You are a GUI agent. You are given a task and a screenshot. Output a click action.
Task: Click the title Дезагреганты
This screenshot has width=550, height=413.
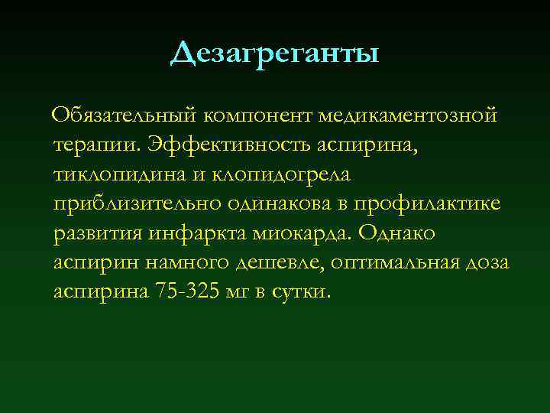[x=275, y=54]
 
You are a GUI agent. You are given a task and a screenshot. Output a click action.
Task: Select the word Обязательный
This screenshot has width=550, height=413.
[x=125, y=115]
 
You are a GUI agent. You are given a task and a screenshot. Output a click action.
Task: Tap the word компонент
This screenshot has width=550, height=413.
[x=260, y=115]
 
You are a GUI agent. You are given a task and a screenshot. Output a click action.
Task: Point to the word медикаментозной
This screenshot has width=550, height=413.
[x=409, y=115]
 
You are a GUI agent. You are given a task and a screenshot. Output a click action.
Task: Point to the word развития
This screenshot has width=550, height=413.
[x=102, y=233]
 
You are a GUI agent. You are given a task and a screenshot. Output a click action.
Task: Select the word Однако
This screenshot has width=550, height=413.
[x=397, y=233]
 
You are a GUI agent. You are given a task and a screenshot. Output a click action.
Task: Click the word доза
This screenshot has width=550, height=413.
[x=488, y=262]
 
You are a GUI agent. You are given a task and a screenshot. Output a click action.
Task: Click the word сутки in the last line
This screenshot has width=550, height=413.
[x=302, y=291]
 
